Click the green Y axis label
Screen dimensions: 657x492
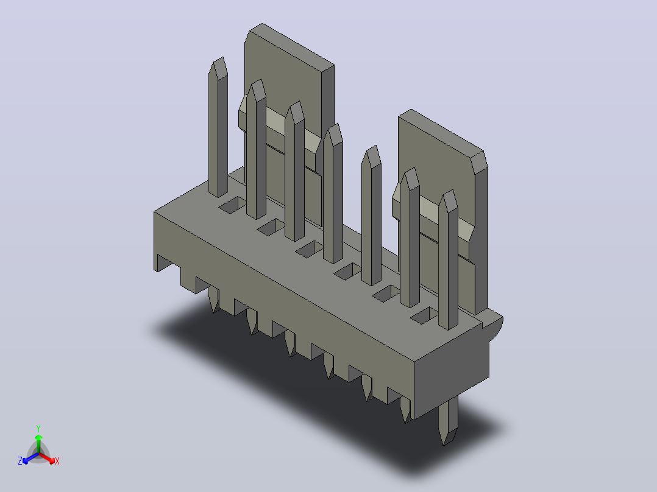(x=38, y=428)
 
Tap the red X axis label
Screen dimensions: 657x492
(x=57, y=461)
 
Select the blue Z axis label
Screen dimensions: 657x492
(x=20, y=461)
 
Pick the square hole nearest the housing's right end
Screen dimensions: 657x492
(x=424, y=315)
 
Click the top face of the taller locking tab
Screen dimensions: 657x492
(x=291, y=44)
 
